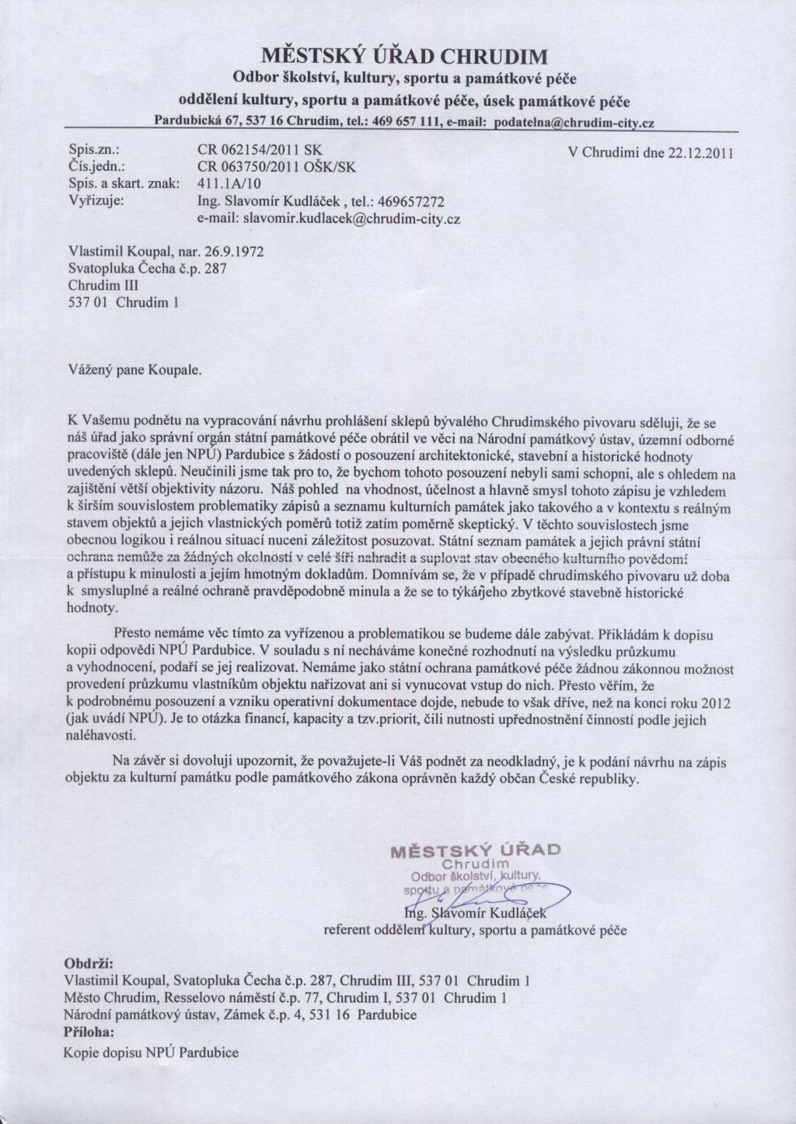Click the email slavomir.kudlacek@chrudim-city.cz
pos(351,219)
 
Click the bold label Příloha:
pos(88,1033)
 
